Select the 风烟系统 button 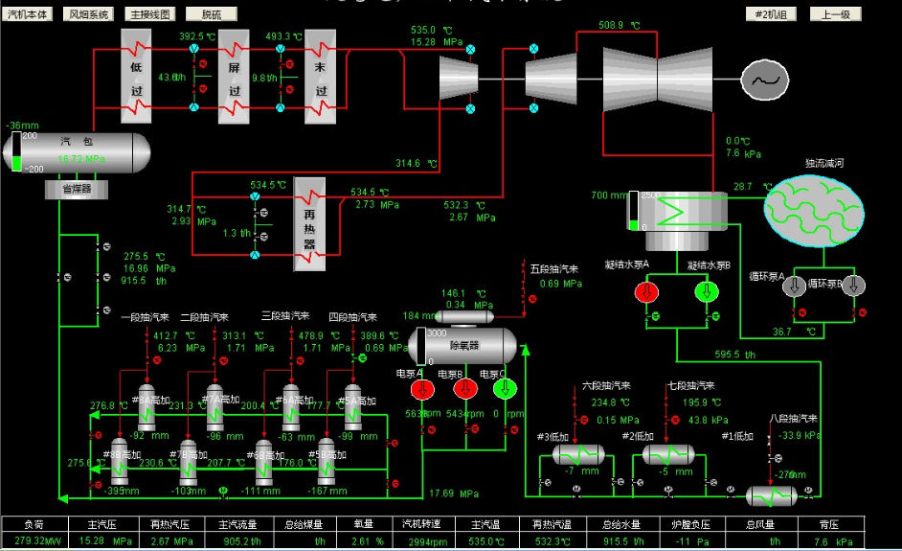(88, 14)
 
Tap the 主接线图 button (150, 14)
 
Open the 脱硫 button (211, 14)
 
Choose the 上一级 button (835, 14)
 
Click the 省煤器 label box (77, 190)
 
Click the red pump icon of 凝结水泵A (647, 291)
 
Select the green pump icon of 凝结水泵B (707, 291)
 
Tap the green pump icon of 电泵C (505, 389)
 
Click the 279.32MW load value (34, 541)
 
